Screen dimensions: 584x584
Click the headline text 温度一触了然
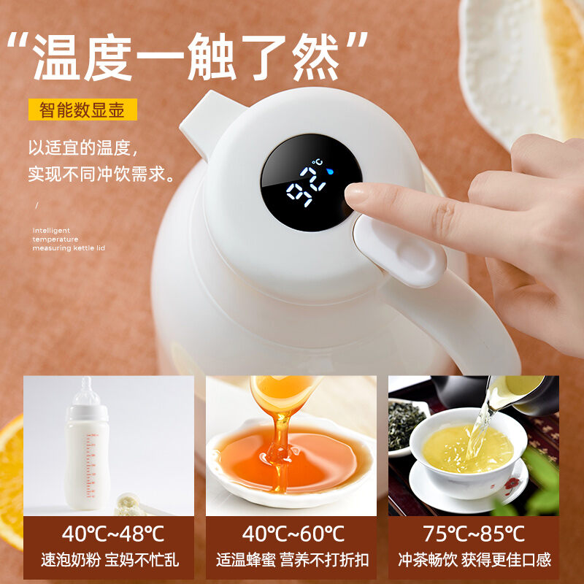click(198, 55)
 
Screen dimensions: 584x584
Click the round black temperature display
click(311, 182)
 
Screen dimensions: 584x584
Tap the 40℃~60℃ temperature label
click(291, 534)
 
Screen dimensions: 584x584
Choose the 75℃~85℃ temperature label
click(474, 534)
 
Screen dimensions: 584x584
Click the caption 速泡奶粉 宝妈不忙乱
click(109, 560)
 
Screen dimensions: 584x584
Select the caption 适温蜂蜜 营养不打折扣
click(291, 560)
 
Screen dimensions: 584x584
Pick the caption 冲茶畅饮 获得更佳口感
click(474, 560)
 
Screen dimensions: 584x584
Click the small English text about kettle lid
click(69, 239)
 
